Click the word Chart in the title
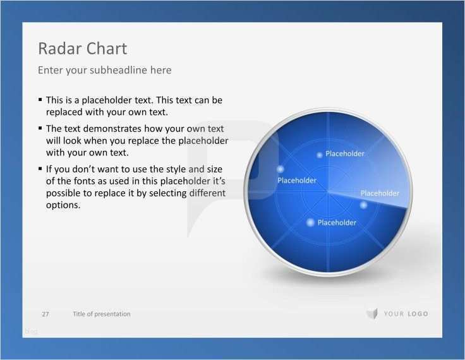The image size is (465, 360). [x=107, y=49]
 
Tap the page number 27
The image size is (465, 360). [x=45, y=314]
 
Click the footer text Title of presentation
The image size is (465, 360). [x=102, y=314]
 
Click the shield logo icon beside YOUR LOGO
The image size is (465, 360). [x=372, y=314]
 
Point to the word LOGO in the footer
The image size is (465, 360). [x=418, y=314]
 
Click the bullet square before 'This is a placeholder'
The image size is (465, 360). [x=40, y=100]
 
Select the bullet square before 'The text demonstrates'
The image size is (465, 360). [x=40, y=128]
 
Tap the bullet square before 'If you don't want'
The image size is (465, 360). [x=40, y=169]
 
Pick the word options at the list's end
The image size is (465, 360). [x=63, y=205]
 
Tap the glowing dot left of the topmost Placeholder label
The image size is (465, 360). [x=320, y=155]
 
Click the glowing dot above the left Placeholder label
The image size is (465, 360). [x=281, y=169]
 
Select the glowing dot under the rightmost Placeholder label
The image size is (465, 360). [x=363, y=205]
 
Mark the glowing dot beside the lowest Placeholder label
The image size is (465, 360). [x=310, y=222]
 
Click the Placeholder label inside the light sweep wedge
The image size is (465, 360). [x=380, y=193]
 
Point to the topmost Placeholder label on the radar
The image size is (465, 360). [x=345, y=153]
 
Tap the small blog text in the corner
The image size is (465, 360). [x=31, y=332]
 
